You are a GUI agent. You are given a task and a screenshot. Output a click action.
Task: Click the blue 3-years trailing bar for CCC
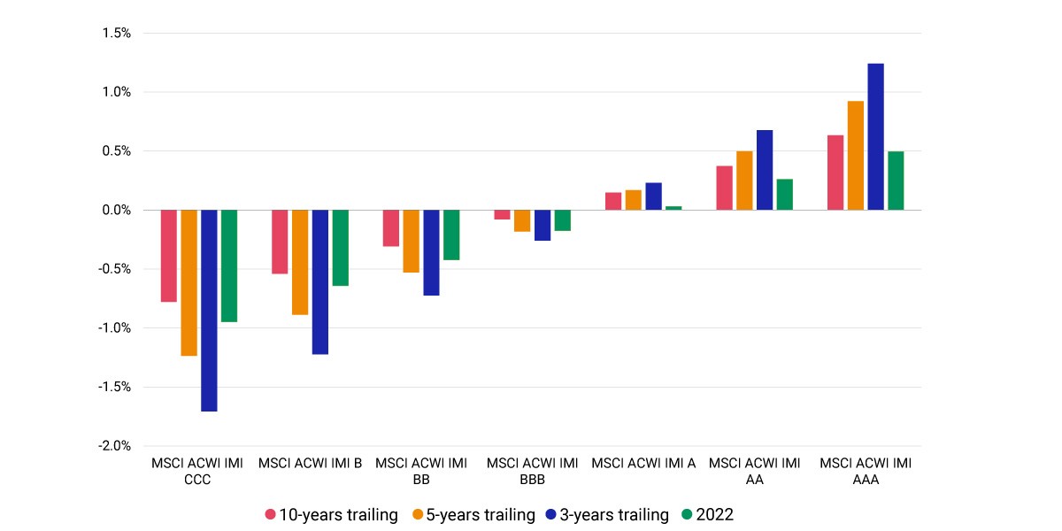209,311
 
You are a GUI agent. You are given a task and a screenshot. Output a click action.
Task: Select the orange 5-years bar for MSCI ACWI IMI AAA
855,156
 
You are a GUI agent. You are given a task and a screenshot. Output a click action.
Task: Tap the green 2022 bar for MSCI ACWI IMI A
673,208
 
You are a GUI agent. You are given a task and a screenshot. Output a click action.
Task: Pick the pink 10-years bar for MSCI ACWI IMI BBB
502,215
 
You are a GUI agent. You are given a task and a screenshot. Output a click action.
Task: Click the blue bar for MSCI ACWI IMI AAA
875,137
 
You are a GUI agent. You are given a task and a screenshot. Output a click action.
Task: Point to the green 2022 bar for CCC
229,266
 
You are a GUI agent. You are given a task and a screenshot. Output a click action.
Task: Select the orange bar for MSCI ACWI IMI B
300,262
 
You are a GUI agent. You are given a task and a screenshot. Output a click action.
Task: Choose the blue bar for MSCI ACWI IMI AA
765,170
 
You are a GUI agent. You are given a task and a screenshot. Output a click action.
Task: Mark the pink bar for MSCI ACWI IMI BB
391,228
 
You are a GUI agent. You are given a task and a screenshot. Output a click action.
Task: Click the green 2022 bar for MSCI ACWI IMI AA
785,195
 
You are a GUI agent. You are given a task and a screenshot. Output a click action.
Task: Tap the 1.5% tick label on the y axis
117,33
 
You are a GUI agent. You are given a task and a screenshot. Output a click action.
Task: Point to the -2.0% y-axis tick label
114,446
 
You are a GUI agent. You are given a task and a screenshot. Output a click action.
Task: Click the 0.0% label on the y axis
117,210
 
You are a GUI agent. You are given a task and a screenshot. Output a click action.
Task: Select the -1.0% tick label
114,327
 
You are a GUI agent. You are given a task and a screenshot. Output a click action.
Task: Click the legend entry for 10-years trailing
331,514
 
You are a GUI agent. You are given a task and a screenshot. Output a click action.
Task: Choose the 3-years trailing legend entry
607,514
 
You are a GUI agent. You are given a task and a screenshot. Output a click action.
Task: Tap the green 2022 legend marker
687,514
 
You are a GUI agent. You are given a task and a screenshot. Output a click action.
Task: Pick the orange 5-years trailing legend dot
418,514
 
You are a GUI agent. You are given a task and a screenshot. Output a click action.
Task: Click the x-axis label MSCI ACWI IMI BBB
533,471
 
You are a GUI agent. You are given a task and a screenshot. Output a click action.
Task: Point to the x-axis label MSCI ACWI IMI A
643,463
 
